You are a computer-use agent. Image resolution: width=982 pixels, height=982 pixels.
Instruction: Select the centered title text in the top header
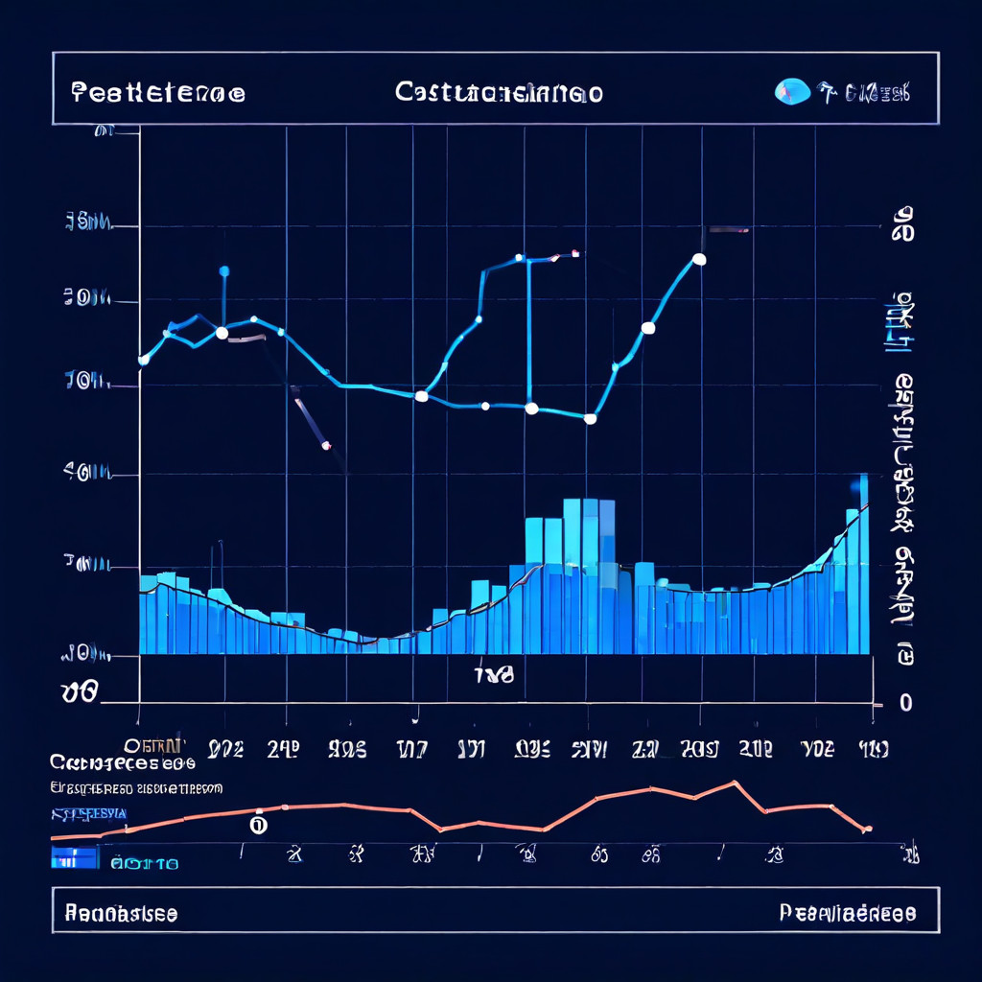click(499, 93)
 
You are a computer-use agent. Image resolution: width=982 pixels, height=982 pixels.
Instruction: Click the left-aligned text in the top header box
click(158, 93)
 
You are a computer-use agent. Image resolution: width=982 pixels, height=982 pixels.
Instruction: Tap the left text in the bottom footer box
click(121, 913)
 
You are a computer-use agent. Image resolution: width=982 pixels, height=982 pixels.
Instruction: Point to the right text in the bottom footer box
click(848, 913)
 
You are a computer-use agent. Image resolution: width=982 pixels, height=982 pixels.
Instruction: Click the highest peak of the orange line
click(736, 783)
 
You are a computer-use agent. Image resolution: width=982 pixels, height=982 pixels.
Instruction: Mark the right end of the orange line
click(867, 829)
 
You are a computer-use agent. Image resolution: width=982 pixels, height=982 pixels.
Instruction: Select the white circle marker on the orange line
click(257, 823)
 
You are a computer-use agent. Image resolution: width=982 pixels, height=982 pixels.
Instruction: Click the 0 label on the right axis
click(905, 703)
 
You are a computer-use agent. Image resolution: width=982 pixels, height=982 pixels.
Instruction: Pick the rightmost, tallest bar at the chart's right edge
click(863, 566)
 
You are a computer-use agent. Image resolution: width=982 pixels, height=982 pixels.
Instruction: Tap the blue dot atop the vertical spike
click(224, 271)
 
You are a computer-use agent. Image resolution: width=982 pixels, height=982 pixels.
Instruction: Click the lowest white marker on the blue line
click(591, 418)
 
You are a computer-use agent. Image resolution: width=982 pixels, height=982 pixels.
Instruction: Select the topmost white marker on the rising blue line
click(699, 259)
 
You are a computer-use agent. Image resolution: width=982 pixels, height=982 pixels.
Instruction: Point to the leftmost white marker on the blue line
click(144, 360)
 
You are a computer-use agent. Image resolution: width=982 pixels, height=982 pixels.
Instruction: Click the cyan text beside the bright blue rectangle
click(144, 863)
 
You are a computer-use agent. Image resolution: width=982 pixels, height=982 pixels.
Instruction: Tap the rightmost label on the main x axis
click(873, 749)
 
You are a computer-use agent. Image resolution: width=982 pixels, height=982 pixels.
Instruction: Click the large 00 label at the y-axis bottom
click(79, 692)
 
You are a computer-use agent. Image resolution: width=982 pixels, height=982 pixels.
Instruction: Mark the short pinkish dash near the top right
click(729, 230)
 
